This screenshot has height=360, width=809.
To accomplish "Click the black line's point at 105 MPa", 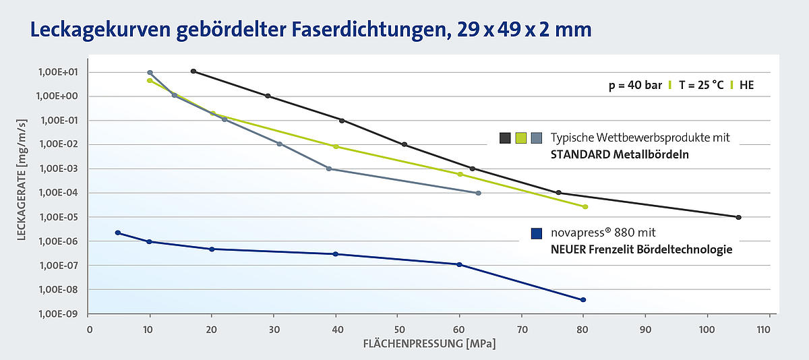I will (739, 217).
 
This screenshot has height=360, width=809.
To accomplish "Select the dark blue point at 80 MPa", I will (583, 299).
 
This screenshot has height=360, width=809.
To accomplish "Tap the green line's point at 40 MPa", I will (336, 146).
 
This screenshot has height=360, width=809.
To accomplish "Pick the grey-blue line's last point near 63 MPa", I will (479, 193).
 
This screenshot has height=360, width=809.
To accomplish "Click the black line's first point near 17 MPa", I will (193, 71).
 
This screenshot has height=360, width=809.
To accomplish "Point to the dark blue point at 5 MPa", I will (118, 233).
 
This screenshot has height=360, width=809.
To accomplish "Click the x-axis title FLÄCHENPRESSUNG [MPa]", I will (429, 344).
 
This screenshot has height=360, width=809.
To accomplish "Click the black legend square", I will (504, 138).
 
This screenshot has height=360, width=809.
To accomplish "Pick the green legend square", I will (520, 138).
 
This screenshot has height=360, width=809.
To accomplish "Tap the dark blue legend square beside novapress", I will (537, 233).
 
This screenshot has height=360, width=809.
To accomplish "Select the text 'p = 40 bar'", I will (632, 86).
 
